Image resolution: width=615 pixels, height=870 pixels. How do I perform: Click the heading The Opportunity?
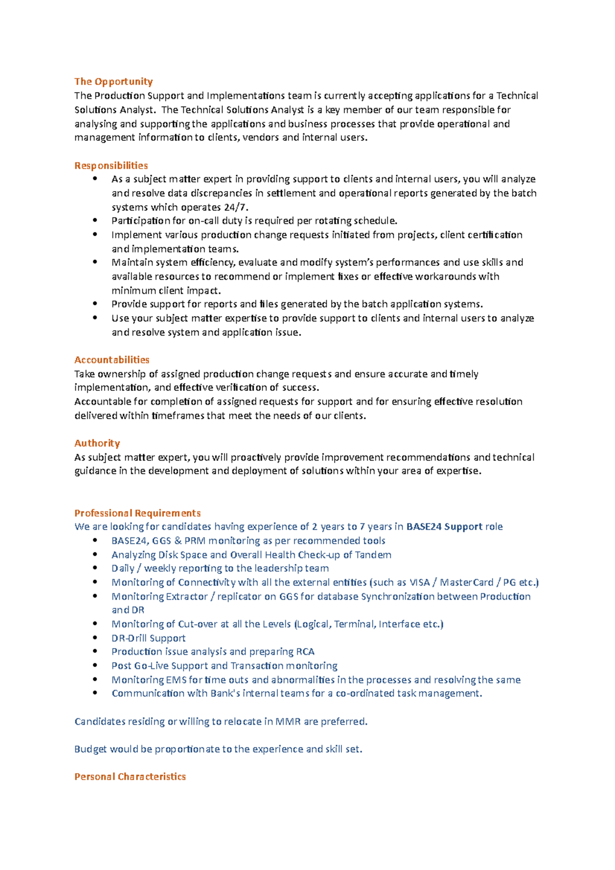(113, 81)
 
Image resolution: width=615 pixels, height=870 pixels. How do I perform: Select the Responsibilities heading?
(111, 165)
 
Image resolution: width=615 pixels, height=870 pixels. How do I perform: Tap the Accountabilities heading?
(112, 360)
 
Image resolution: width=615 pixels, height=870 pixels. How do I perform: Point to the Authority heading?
(97, 443)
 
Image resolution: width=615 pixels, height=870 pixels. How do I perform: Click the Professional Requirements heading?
(137, 513)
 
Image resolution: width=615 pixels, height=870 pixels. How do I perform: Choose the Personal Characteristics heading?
(130, 777)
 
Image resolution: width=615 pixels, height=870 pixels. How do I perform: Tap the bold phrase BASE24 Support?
(444, 527)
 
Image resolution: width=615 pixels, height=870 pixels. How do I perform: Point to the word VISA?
(419, 583)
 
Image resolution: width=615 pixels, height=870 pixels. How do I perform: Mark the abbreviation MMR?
(288, 722)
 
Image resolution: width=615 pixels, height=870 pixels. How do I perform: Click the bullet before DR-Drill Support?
(95, 638)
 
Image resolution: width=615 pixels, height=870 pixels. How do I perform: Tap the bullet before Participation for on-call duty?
(95, 220)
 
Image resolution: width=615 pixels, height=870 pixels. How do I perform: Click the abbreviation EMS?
(176, 680)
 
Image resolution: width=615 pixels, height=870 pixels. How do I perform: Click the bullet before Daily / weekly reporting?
(95, 568)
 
